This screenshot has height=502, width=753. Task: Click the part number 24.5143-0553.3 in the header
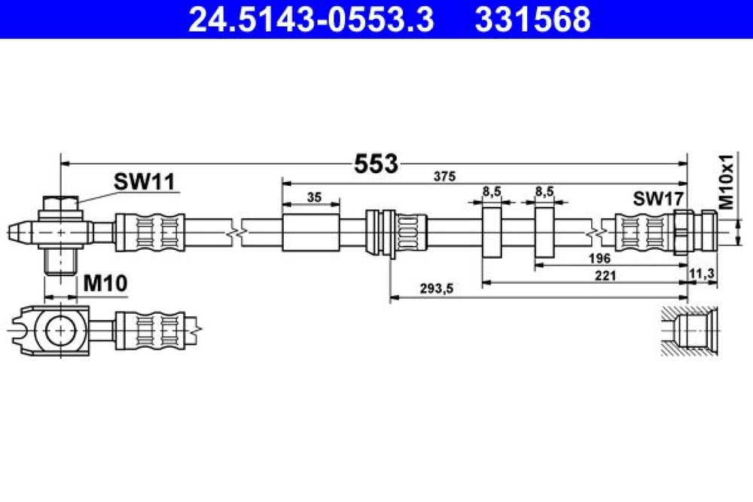(x=311, y=20)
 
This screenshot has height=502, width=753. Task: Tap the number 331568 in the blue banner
(x=533, y=20)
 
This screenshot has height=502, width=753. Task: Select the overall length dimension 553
(x=376, y=163)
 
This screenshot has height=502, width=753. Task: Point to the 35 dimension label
(x=310, y=198)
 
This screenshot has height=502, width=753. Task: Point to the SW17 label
(x=657, y=199)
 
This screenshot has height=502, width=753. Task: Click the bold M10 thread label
(x=105, y=284)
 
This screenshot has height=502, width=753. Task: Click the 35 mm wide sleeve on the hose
(x=310, y=232)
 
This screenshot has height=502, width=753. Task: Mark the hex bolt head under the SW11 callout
(x=60, y=203)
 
